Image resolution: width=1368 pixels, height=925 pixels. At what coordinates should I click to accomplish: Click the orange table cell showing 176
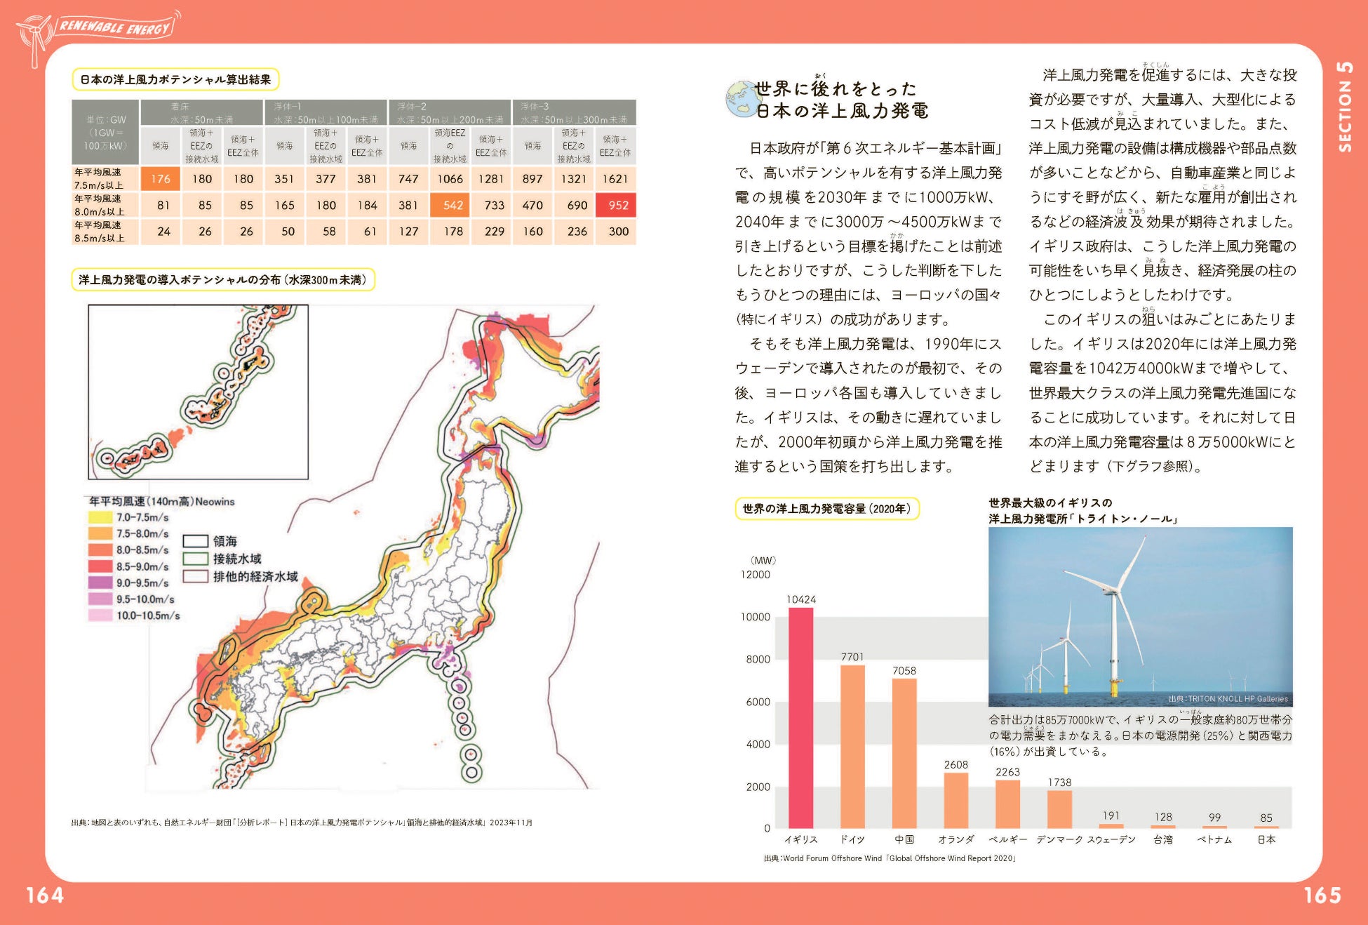click(x=161, y=179)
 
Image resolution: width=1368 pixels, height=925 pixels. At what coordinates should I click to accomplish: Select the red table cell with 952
click(x=616, y=205)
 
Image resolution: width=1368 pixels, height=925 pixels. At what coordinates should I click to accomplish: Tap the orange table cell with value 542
click(x=450, y=205)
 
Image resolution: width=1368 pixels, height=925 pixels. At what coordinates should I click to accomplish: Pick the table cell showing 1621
click(x=615, y=179)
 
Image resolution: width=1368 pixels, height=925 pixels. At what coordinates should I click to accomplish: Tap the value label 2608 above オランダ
click(x=955, y=764)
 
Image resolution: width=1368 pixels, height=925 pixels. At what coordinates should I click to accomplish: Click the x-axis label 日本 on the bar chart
click(x=1266, y=839)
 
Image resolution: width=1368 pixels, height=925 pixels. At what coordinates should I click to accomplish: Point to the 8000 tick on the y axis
click(x=758, y=660)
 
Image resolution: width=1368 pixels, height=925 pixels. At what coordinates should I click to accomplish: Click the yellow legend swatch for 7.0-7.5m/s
click(x=100, y=518)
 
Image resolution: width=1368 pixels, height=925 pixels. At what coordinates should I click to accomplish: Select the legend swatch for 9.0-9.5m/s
click(x=100, y=583)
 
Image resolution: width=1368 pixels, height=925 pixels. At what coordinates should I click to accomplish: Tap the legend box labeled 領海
click(x=196, y=541)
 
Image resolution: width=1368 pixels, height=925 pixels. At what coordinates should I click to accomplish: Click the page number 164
click(x=45, y=895)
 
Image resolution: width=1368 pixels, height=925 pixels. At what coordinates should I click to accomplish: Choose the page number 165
click(x=1322, y=895)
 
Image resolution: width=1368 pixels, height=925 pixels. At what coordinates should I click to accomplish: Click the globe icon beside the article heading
click(x=741, y=98)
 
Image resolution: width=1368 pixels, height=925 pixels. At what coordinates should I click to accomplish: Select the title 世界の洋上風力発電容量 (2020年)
click(x=826, y=509)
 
